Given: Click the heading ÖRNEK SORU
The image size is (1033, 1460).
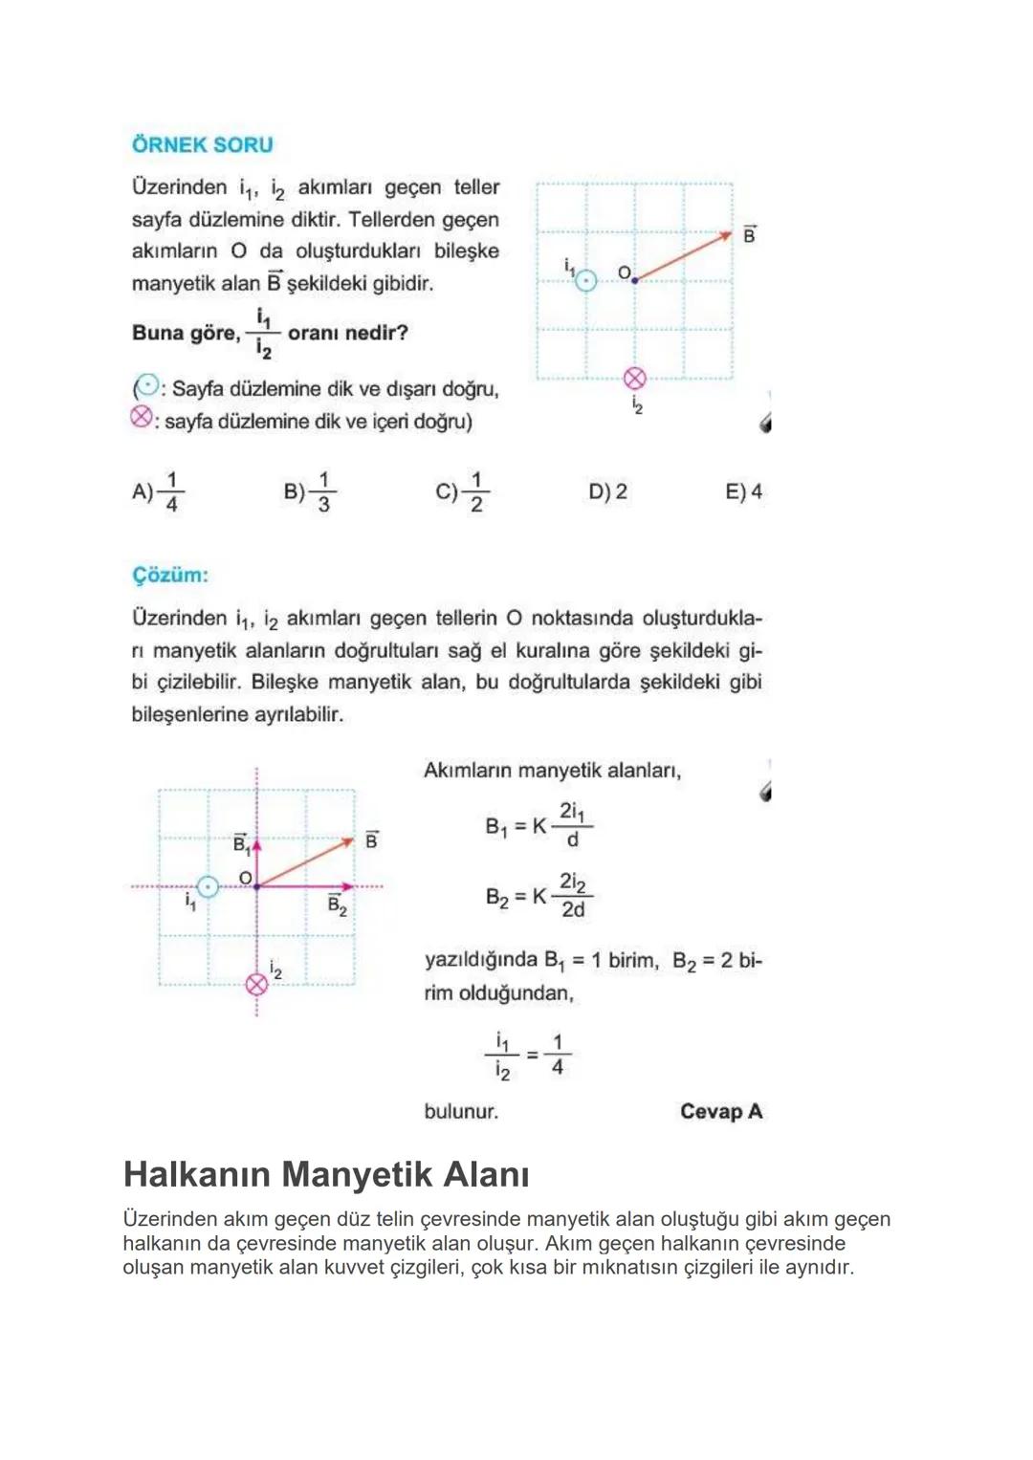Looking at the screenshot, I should tap(202, 145).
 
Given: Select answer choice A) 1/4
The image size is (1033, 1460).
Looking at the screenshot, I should tap(158, 491).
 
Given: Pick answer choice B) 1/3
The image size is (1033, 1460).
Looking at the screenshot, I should tap(310, 491).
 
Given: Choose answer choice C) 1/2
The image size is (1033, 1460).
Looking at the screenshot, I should tap(462, 491).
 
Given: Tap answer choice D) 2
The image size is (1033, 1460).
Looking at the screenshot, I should tap(608, 491).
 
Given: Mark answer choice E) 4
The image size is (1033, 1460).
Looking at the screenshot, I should tap(744, 491).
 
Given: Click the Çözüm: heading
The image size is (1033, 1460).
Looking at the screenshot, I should tap(169, 576).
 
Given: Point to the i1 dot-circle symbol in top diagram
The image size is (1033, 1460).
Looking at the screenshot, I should tap(585, 279).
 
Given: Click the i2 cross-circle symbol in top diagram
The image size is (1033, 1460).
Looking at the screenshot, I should tap(635, 379).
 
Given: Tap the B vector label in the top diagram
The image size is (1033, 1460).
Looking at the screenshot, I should tap(749, 234).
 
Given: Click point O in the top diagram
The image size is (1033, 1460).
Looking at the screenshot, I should tap(634, 279).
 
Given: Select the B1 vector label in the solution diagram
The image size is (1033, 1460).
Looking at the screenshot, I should tap(242, 843).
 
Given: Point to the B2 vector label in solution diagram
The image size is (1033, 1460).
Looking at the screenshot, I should tap(337, 904).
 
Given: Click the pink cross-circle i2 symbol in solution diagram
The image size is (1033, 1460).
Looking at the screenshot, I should tap(256, 984).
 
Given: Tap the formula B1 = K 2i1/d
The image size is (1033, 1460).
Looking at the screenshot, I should tap(538, 825).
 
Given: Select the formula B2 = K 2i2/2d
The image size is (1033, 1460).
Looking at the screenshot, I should tap(538, 896).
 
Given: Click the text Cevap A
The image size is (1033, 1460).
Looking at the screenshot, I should tap(720, 1111).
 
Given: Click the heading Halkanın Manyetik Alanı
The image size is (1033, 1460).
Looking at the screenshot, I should tap(326, 1174).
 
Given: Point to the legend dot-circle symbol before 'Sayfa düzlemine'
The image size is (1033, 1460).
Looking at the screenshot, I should tap(146, 387).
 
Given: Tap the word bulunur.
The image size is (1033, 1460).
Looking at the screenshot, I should tap(461, 1111).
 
